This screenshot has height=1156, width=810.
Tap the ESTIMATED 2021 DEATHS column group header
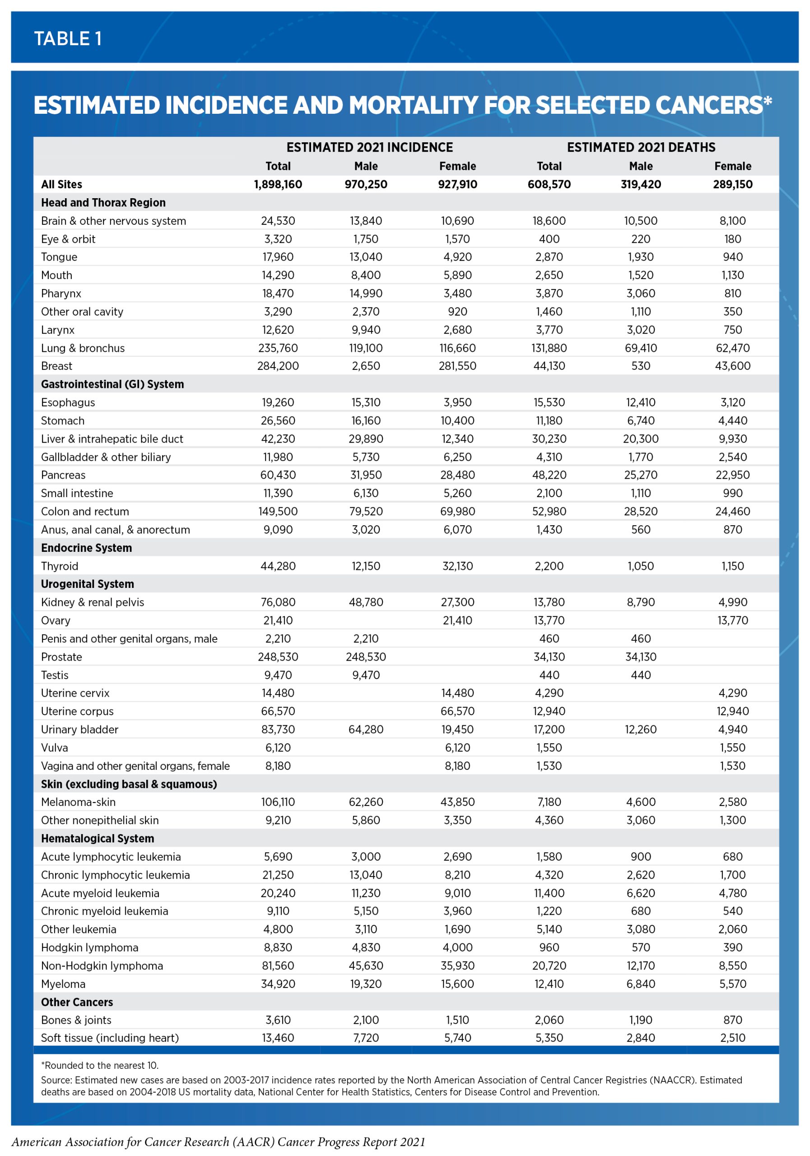[640, 148]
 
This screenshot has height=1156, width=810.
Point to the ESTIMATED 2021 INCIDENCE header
[369, 148]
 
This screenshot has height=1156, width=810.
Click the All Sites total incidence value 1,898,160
[278, 184]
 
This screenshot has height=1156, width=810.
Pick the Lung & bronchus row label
[83, 348]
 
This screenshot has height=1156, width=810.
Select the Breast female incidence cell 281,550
[457, 366]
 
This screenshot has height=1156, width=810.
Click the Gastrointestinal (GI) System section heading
[112, 384]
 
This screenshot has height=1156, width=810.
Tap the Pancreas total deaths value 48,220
[549, 475]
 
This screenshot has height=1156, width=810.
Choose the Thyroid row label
[60, 566]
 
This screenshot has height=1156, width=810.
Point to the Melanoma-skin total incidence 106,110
[278, 802]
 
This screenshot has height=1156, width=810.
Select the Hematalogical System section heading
[97, 838]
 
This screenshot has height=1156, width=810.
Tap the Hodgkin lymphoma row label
[89, 947]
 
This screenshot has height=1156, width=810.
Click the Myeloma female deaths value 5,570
[732, 984]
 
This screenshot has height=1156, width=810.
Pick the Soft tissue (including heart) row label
[110, 1038]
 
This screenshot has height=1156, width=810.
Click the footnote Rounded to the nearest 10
[100, 1065]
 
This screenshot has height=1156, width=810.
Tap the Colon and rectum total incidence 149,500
[278, 512]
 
